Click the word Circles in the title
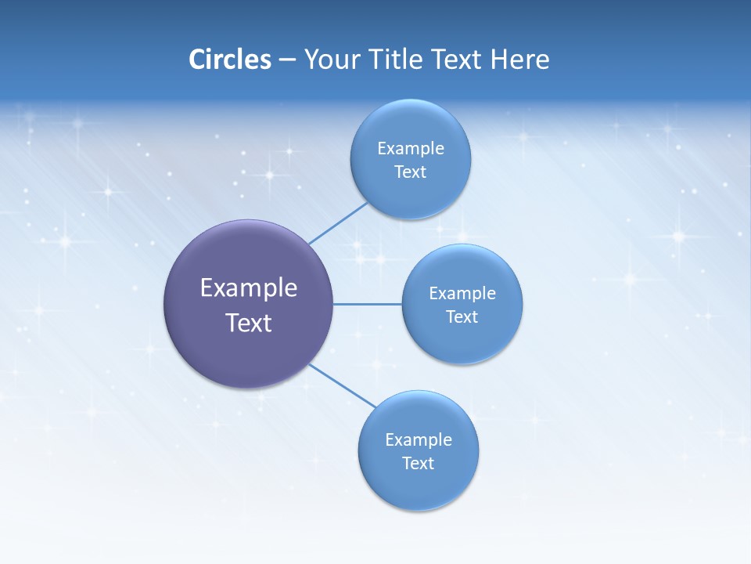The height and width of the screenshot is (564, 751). coord(230,60)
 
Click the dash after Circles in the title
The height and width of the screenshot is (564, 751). coord(287,60)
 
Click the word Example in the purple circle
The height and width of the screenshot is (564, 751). coord(249,288)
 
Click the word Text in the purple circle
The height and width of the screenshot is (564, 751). coord(249,323)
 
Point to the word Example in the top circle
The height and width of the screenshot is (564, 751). coord(410,148)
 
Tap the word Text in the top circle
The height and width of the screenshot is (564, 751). coord(410,172)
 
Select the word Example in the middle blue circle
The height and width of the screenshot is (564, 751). coord(462,293)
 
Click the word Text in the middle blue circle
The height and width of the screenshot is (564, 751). coord(462,316)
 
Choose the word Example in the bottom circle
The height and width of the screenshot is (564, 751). coord(418,439)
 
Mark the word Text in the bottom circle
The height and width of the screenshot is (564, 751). coord(418,463)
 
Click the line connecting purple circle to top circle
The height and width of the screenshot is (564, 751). coord(338,223)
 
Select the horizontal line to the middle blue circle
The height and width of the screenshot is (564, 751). coord(367,304)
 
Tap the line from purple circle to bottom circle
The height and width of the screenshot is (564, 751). coord(343,385)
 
